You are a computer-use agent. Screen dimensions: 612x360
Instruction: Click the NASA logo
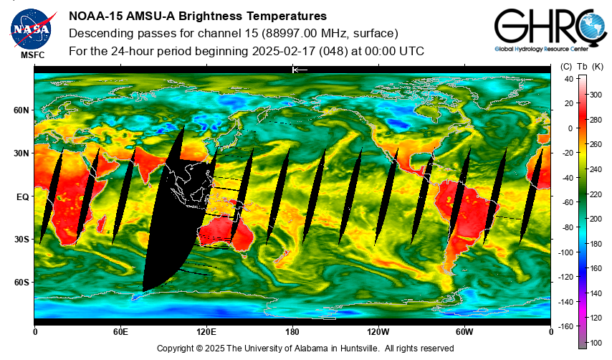coord(32,29)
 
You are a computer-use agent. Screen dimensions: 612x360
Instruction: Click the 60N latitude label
coord(21,110)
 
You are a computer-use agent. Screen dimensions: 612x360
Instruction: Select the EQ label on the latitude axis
coord(23,197)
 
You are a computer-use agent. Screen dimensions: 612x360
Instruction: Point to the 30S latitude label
coord(21,240)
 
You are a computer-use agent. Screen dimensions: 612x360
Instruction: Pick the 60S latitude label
coord(21,283)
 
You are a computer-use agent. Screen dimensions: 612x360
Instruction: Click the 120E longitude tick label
coord(206,332)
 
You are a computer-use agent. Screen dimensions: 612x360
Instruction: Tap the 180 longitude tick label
coord(292,332)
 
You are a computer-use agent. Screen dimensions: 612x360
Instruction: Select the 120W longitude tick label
coord(378,332)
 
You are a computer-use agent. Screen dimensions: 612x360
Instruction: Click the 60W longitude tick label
coord(464,332)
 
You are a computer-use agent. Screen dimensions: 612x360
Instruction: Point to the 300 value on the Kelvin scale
coord(596,95)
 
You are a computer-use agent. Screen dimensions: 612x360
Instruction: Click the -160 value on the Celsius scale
coord(565,326)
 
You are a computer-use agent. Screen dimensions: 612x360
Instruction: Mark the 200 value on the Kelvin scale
coord(596,219)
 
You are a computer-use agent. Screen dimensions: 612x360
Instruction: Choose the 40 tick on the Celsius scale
coord(569,79)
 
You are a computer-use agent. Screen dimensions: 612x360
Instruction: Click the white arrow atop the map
coord(300,70)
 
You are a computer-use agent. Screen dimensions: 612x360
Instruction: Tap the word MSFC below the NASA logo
coord(33,55)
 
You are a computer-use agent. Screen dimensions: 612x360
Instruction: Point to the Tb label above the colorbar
coord(583,67)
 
